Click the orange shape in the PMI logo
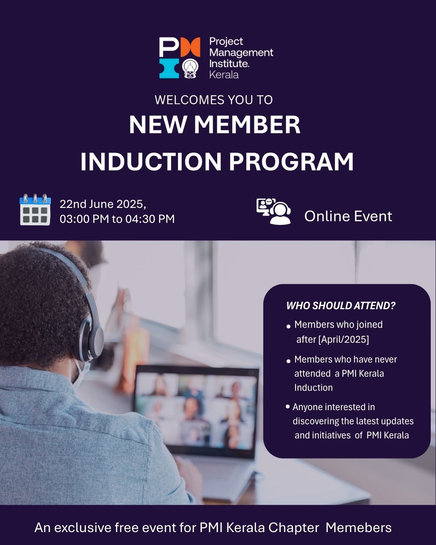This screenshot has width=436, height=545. tap(190, 47)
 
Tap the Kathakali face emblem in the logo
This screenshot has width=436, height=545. tap(190, 69)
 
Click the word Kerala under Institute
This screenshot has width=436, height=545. tap(224, 75)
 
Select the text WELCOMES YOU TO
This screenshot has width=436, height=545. tap(214, 100)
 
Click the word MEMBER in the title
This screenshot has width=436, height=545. tap(247, 125)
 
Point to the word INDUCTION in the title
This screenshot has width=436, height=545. tap(151, 162)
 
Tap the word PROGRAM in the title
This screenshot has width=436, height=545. tap(291, 162)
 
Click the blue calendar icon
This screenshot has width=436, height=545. tap(35, 210)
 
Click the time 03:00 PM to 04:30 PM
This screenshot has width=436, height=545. tap(117, 219)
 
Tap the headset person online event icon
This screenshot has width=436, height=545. tap(274, 212)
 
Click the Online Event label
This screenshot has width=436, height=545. tap(348, 216)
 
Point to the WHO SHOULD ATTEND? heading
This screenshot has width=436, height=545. tap(341, 306)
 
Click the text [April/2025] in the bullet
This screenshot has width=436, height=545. tap(344, 340)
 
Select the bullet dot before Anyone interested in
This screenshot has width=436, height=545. tap(287, 407)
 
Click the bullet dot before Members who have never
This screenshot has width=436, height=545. tap(288, 361)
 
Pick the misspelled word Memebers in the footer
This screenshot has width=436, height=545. tap(358, 528)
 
